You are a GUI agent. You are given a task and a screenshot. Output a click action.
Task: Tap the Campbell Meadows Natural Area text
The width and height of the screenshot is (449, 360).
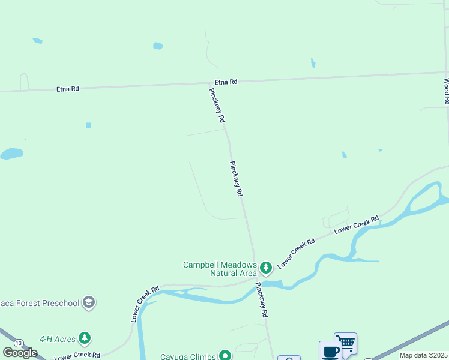(220, 269)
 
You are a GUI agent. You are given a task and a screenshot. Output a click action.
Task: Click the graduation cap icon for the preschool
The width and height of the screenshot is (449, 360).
(89, 302)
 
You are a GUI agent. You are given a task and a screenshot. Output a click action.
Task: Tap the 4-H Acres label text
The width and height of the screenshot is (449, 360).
(58, 339)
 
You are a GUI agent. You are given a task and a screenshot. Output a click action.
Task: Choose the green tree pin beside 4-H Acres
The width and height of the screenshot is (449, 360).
(85, 338)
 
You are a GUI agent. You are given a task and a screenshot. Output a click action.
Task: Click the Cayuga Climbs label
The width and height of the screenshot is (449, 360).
(187, 356)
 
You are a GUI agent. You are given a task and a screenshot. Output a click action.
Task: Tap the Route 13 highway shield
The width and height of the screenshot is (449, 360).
(20, 343)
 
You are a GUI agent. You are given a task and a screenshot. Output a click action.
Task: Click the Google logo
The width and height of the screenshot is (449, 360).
(20, 353)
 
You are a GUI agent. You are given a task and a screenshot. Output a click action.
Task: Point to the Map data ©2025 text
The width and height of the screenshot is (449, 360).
(423, 355)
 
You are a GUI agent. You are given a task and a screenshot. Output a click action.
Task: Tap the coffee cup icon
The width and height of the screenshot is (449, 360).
(330, 351)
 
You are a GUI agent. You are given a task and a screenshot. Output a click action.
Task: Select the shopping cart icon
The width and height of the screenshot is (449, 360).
(346, 342)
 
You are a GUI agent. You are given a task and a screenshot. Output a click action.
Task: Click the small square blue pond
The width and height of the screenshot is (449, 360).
(89, 125)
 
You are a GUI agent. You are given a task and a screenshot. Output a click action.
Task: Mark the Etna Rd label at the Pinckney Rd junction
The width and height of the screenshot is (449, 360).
(226, 82)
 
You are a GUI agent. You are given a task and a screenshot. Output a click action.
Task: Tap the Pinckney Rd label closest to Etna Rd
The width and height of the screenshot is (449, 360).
(217, 106)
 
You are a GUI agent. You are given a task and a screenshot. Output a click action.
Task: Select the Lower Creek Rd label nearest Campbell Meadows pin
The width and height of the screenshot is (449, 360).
(297, 254)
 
